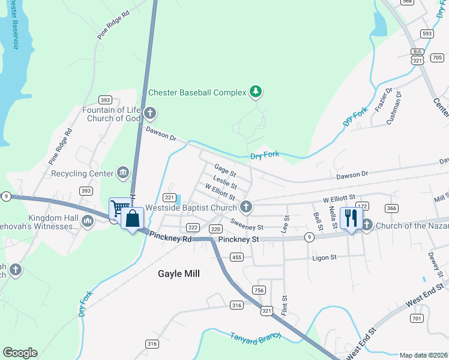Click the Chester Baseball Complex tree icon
pyautogui.click(x=256, y=92)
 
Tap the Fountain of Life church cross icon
pyautogui.click(x=150, y=113)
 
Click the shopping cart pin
pyautogui.click(x=119, y=208)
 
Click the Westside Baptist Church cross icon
pyautogui.click(x=246, y=208)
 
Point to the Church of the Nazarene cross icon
pyautogui.click(x=366, y=225)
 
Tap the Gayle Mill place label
pyautogui.click(x=178, y=274)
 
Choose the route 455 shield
pyautogui.click(x=236, y=257)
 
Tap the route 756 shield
pyautogui.click(x=259, y=290)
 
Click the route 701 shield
pyautogui.click(x=417, y=317)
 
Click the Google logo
pyautogui.click(x=20, y=353)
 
